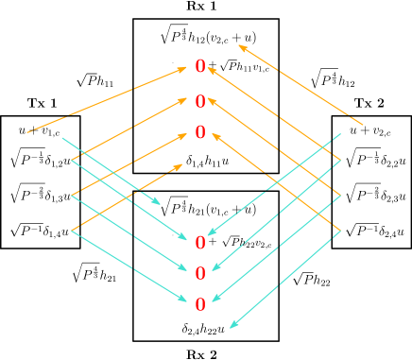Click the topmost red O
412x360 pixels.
200,66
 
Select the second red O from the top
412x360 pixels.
200,101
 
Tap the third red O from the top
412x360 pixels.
200,132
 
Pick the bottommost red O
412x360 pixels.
200,304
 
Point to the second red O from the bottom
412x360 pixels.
200,273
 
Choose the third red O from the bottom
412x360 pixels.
200,243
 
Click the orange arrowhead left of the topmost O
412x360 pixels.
187,68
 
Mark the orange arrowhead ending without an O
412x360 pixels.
179,166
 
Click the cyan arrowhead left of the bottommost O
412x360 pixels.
186,300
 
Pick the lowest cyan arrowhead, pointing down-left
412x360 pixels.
232,327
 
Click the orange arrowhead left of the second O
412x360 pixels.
187,101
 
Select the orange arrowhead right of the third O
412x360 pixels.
215,135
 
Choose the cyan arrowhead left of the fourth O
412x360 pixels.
186,239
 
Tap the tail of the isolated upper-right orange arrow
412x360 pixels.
363,124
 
